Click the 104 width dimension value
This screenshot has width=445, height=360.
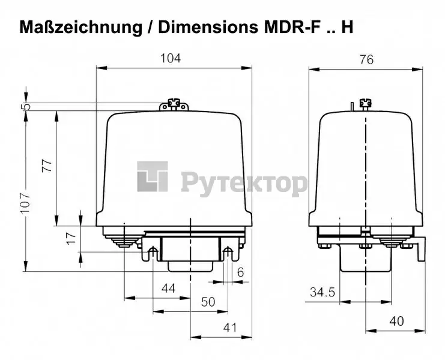point(171,58)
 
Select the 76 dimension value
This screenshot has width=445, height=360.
point(367,60)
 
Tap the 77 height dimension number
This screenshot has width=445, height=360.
point(47,166)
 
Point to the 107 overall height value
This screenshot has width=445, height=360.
point(25,203)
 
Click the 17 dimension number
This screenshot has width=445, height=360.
point(71,238)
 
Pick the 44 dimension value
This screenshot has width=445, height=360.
point(169,289)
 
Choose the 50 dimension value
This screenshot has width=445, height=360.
point(208,302)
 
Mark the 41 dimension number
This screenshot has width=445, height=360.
point(230,328)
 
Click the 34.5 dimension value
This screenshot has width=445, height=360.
point(322,292)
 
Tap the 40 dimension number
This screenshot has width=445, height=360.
point(396,321)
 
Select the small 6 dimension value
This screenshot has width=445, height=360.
point(240,272)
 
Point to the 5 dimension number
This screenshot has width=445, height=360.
point(26,106)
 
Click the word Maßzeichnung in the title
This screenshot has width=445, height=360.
point(81,27)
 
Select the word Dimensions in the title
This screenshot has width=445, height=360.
point(208,27)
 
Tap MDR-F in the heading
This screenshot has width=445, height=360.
point(292,27)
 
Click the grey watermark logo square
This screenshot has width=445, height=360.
point(153,176)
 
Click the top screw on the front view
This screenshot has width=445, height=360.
point(174,103)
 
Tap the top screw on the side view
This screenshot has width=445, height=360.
point(366,103)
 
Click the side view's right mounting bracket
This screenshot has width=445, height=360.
point(421,250)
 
